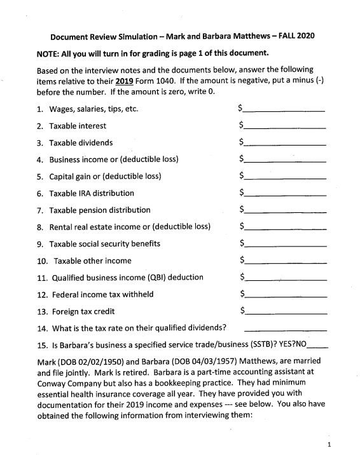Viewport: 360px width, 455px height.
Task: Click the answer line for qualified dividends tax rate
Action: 286,329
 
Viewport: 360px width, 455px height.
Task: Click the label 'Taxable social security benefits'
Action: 105,243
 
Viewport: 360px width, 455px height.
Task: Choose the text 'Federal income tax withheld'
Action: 103,294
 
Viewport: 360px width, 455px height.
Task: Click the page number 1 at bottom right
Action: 328,445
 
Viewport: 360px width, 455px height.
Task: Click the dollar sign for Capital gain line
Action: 242,176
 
